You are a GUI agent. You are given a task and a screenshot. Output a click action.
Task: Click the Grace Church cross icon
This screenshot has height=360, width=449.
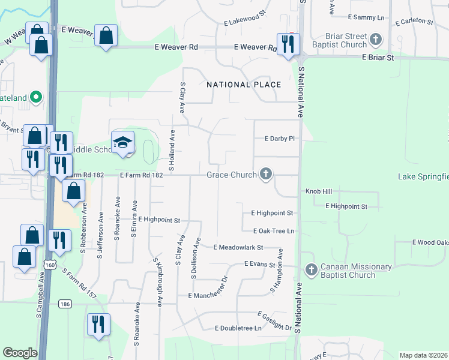266,175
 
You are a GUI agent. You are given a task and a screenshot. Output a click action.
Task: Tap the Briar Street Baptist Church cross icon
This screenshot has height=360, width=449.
376,40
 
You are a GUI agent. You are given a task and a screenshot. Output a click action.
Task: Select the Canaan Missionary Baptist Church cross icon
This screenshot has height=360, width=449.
310,270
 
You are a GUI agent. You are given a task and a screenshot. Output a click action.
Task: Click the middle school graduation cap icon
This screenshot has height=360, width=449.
122,142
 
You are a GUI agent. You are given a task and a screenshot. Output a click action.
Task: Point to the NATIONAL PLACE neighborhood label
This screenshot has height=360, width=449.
244,85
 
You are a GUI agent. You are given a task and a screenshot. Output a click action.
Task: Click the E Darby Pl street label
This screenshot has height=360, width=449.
279,139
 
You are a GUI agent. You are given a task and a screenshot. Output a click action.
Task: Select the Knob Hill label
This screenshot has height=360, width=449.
318,191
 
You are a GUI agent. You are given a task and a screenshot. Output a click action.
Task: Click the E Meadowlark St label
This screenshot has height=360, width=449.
238,247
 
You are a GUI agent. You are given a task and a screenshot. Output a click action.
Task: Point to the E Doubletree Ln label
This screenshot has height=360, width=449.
238,328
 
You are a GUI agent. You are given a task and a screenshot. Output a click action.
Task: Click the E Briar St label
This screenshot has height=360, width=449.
378,58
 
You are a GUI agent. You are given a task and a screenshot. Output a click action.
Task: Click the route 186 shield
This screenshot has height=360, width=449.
65,304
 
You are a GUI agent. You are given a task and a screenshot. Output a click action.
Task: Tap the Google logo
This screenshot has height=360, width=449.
20,352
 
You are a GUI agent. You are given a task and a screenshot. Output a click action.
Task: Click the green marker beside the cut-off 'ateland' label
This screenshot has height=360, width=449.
35,97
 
